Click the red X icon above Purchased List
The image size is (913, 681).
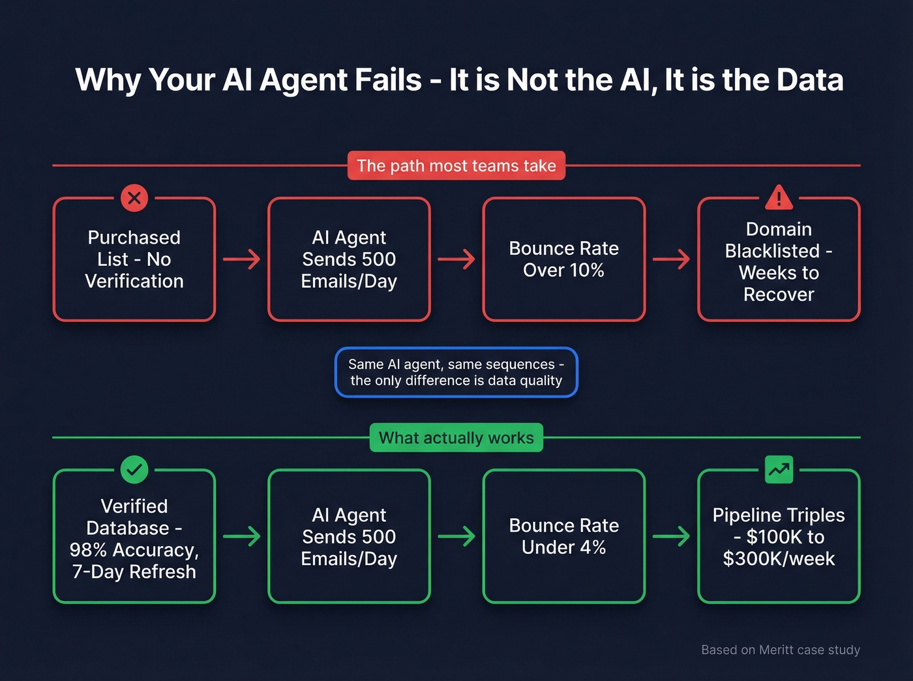134,197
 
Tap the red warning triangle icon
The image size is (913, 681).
779,197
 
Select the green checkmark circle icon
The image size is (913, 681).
134,469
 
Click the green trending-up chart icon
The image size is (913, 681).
779,469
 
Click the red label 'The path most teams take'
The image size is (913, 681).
456,166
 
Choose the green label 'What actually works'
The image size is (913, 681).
456,438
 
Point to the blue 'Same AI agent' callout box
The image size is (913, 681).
456,372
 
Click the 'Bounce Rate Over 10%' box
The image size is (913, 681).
564,259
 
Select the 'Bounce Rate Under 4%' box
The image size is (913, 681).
564,536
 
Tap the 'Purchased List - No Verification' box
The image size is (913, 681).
134,259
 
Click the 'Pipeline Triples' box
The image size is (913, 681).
779,536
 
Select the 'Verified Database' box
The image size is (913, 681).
134,538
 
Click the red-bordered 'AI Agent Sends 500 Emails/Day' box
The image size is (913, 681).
349,259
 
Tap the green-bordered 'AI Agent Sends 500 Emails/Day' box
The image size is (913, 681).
349,536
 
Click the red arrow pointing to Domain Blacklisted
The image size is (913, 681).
671,259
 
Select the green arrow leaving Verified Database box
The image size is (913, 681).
241,536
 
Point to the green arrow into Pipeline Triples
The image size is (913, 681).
671,536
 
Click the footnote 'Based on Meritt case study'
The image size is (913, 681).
781,650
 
